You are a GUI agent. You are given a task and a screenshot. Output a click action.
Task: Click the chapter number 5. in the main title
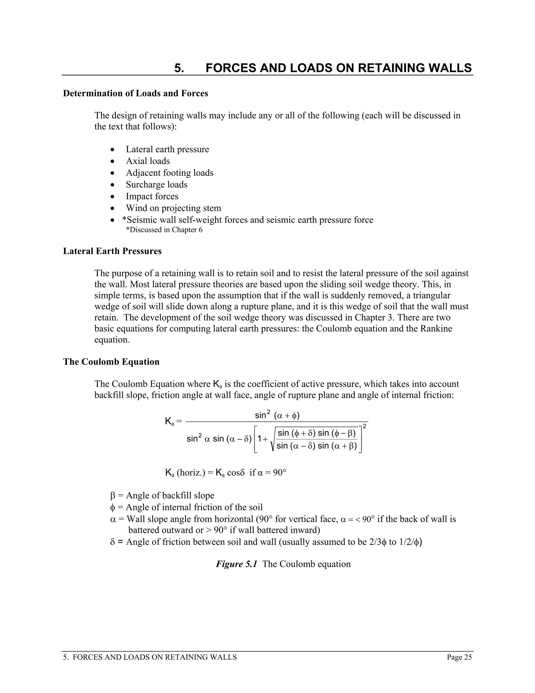pos(179,68)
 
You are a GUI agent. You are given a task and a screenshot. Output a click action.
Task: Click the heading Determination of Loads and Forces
pos(135,93)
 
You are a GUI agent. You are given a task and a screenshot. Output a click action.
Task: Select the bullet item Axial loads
pos(148,161)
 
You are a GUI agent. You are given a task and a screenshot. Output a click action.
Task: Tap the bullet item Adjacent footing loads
pos(170,173)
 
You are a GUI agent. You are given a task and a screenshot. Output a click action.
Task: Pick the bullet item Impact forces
pos(152,196)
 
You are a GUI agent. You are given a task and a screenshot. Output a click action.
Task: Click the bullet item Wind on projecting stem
pos(173,208)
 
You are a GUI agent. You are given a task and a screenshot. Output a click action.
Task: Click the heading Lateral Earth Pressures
pos(112,251)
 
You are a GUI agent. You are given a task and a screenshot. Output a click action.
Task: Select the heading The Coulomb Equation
pos(111,362)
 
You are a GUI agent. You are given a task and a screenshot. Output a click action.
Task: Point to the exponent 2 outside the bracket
pos(364,426)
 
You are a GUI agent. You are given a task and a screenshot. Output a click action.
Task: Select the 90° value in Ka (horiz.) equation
pos(280,473)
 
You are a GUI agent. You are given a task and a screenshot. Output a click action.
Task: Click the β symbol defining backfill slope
pos(113,496)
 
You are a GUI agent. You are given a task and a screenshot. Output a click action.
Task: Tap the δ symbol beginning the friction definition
pos(113,542)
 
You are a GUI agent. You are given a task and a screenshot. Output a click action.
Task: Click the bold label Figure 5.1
pos(236,564)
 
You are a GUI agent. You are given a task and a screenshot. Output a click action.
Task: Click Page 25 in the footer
pos(459,657)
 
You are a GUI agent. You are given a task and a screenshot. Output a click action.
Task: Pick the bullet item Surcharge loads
pos(156,185)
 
